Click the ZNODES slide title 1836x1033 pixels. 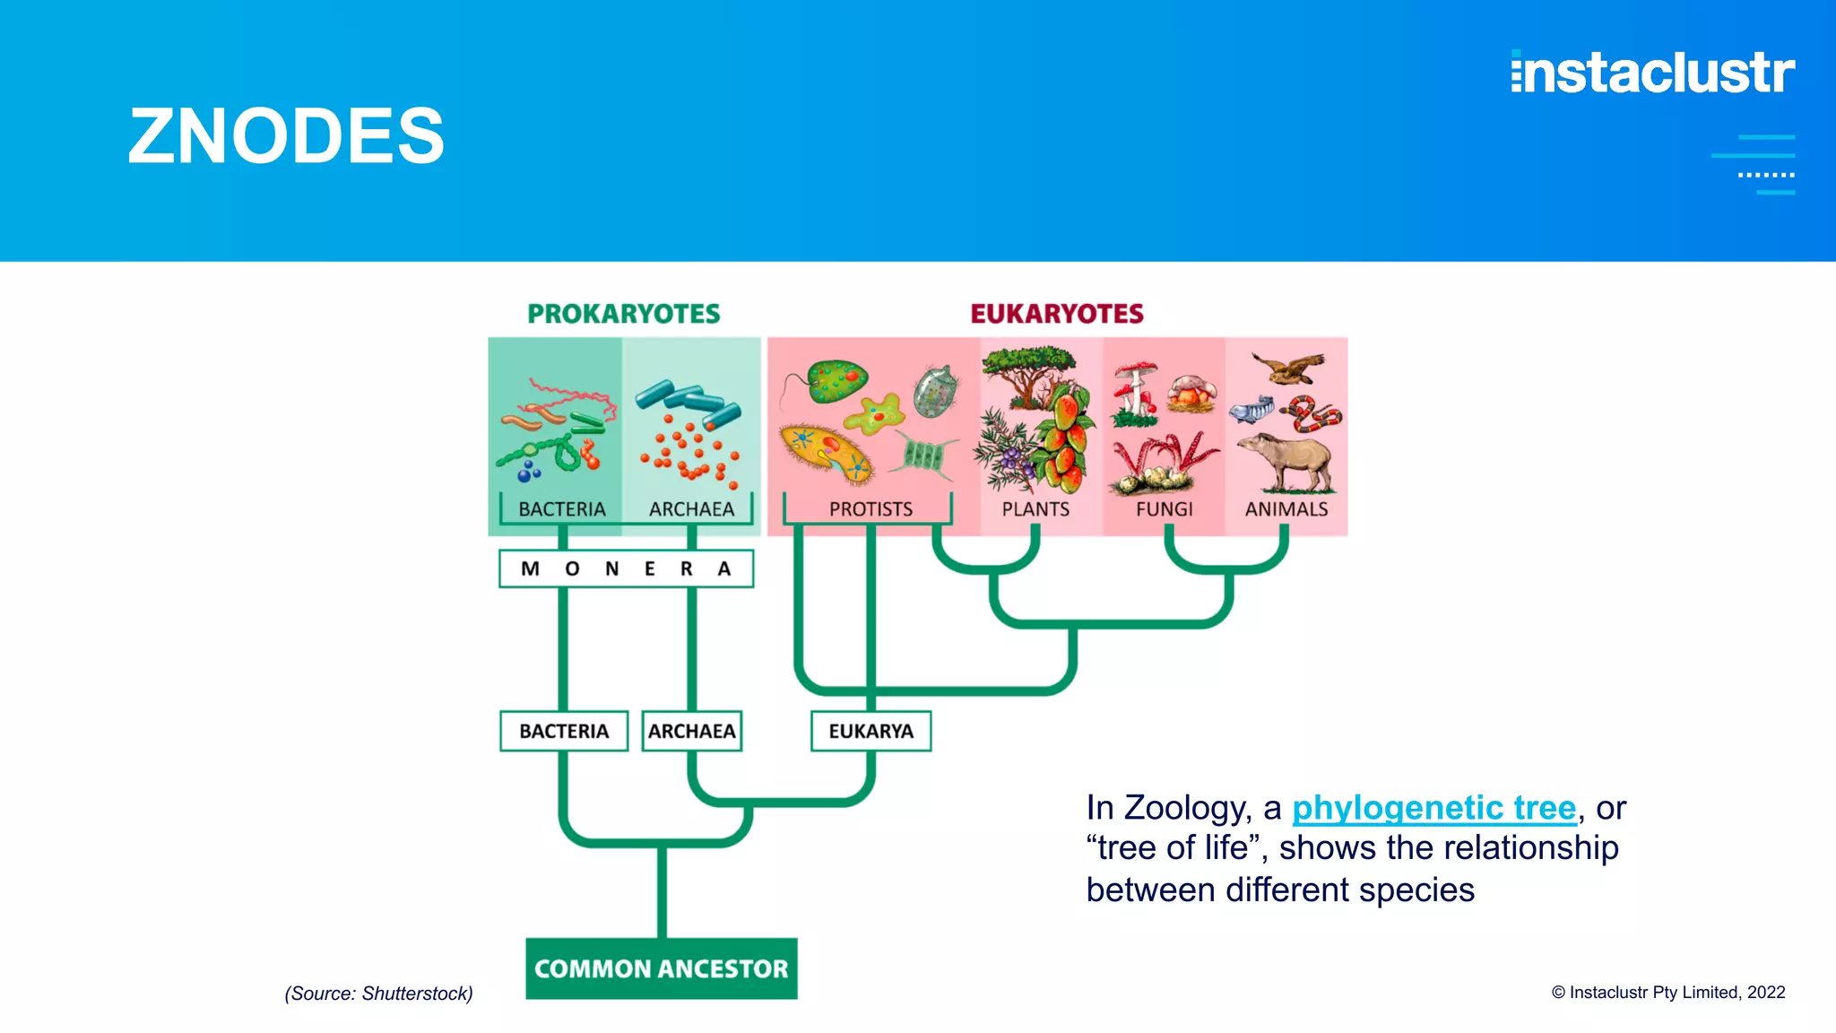tap(286, 136)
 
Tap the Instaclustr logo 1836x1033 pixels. tap(1652, 73)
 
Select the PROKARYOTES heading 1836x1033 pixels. tap(623, 314)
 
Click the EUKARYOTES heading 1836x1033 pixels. tap(1057, 314)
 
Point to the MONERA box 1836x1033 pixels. tap(626, 569)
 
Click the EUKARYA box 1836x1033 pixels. tap(870, 731)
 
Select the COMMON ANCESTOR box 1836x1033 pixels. tap(661, 968)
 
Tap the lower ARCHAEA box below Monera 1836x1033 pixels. tap(691, 731)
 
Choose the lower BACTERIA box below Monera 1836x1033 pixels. tap(564, 731)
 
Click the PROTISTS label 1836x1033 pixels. tap(870, 509)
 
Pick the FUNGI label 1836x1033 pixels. tap(1164, 509)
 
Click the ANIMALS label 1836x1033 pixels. tap(1286, 509)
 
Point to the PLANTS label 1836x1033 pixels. tap(1035, 509)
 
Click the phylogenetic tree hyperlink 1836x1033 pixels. tap(1433, 808)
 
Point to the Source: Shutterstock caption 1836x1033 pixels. tap(378, 994)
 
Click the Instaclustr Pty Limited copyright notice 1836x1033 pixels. tap(1668, 992)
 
